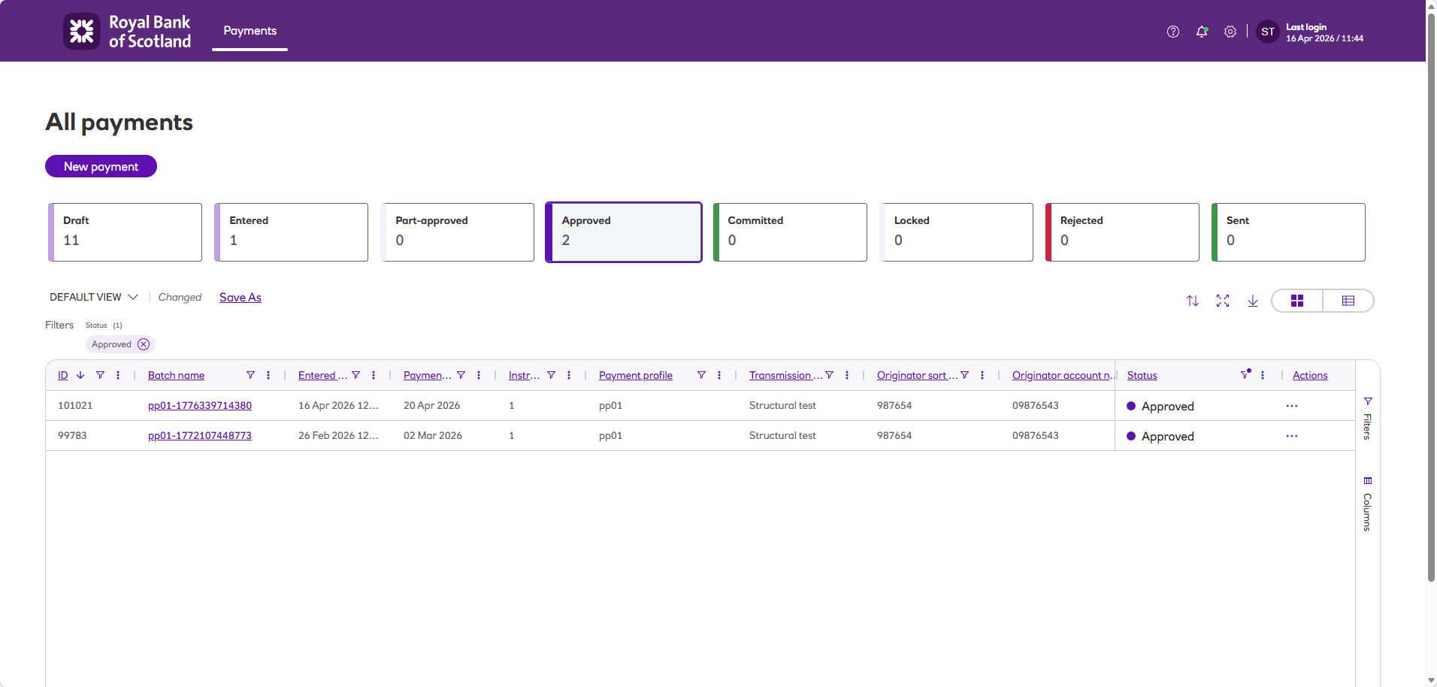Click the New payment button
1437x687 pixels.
point(101,166)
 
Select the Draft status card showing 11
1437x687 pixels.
point(125,232)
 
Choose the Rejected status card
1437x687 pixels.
point(1122,232)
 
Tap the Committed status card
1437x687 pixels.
point(790,232)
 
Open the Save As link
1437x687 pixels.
point(241,298)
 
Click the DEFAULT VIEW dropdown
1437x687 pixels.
point(94,298)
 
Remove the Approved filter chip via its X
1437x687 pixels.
point(144,344)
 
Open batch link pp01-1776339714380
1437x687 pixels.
point(200,406)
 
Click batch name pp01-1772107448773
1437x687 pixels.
point(200,436)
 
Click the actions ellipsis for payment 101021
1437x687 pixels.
point(1291,406)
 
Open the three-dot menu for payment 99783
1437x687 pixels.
point(1291,436)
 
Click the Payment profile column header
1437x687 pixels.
point(636,376)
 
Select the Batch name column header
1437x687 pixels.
point(177,376)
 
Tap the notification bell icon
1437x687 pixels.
point(1202,32)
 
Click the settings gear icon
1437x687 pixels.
point(1230,32)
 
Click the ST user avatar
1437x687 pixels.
point(1268,32)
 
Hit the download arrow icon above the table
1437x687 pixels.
point(1253,301)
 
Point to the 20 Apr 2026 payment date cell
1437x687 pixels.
point(432,406)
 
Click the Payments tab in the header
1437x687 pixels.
point(250,31)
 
